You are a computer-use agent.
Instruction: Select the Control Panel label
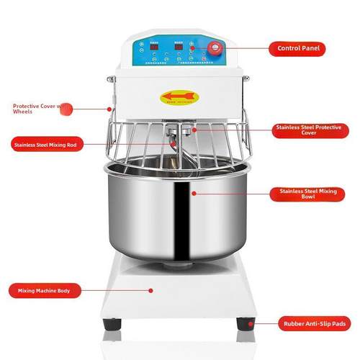click(297, 49)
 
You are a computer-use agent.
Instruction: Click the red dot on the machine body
click(150, 290)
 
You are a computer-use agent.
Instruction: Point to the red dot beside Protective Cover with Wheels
click(109, 109)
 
